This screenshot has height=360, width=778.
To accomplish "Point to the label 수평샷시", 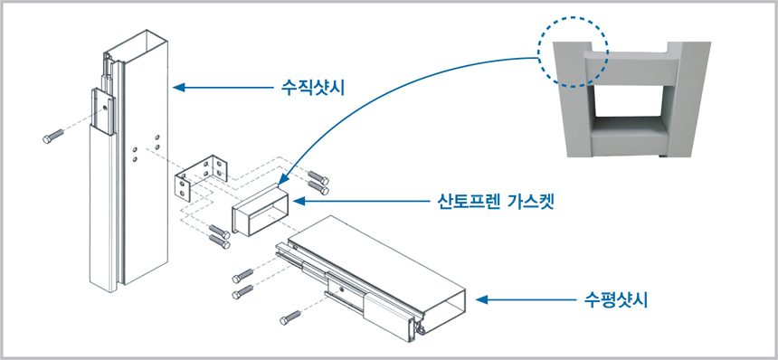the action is (616, 300).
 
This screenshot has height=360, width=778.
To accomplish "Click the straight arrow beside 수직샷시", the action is (223, 88).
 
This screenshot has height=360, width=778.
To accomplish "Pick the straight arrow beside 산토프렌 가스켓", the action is (361, 202).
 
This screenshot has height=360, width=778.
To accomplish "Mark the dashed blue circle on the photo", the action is (573, 52).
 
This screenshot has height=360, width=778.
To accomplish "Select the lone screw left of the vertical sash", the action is (53, 136).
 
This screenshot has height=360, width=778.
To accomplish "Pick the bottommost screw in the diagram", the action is (290, 317).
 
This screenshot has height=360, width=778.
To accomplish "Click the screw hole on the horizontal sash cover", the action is (340, 289).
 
